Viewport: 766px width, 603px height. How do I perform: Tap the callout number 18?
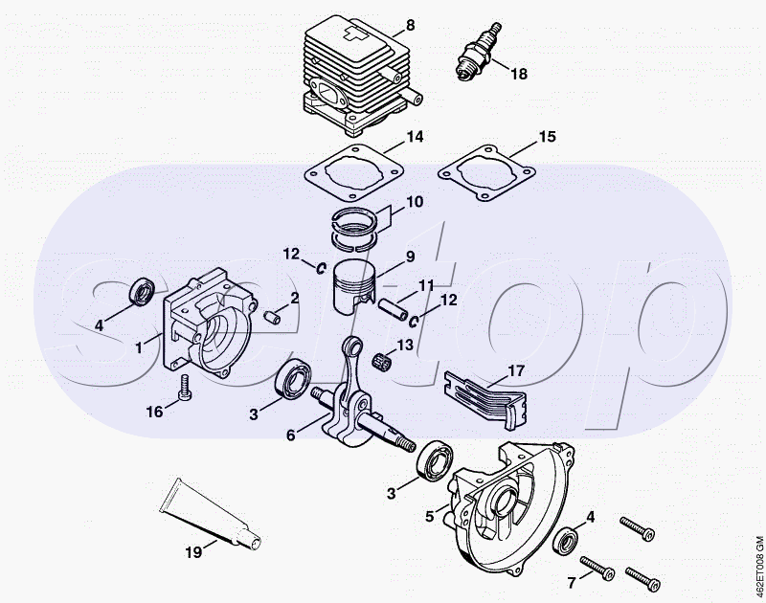(x=518, y=74)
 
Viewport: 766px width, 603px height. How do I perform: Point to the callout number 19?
(x=193, y=550)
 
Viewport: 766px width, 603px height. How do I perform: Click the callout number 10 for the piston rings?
(x=414, y=202)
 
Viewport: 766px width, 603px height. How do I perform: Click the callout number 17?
(x=516, y=370)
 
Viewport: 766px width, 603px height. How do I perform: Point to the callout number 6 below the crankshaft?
(x=291, y=434)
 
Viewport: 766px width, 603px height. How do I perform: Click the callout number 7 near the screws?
(x=572, y=581)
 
